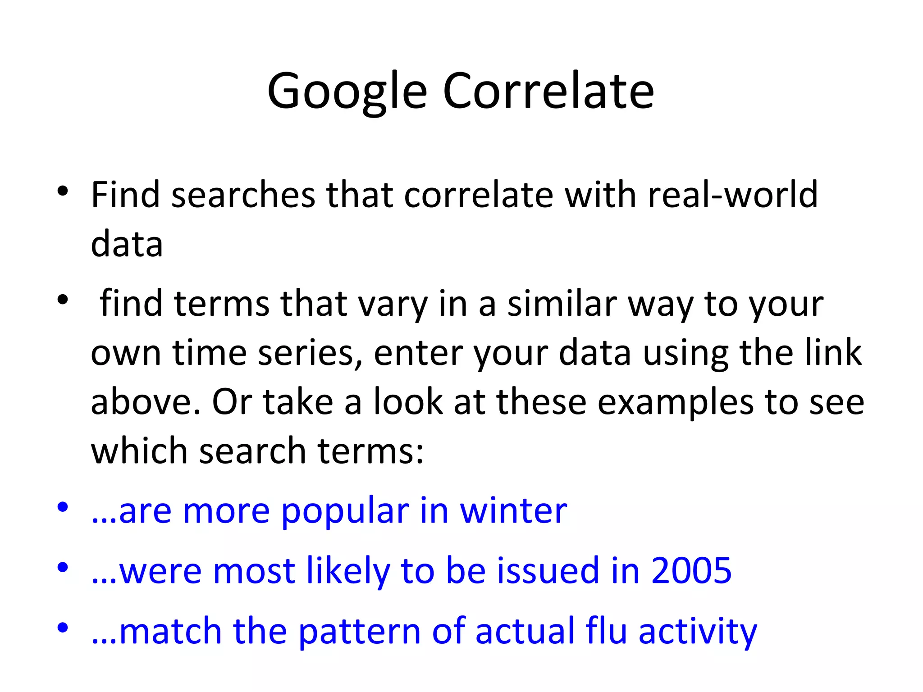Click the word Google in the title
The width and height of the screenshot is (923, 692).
347,91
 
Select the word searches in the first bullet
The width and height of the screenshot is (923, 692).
243,195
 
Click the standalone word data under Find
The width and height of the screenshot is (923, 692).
127,244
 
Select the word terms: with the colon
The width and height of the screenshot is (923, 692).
370,451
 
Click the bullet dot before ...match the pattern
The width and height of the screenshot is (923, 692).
63,628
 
